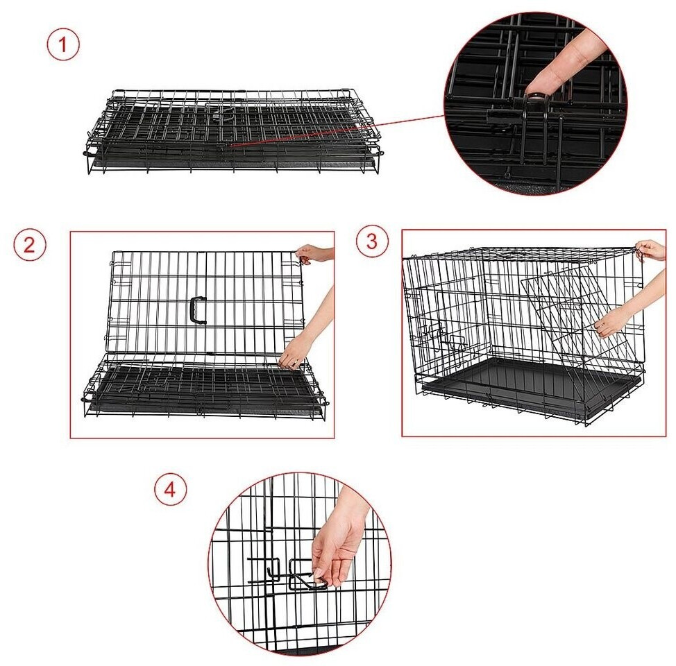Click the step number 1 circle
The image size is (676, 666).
(x=63, y=44)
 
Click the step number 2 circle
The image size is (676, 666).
(x=29, y=244)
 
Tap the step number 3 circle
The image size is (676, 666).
(x=372, y=241)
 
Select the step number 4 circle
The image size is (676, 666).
(x=171, y=489)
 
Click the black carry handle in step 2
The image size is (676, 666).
(x=198, y=310)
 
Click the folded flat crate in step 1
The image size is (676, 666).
(x=233, y=132)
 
